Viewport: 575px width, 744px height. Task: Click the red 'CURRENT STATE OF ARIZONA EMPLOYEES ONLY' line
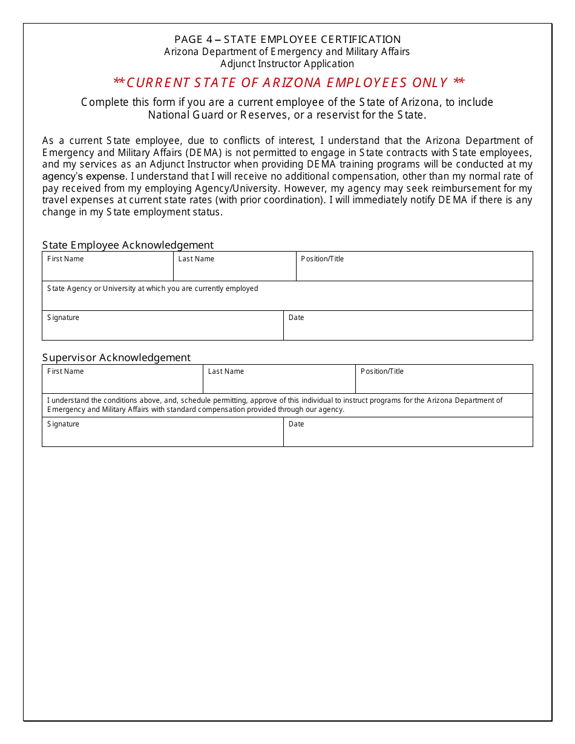click(289, 83)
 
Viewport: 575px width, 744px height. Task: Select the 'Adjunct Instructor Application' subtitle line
click(287, 64)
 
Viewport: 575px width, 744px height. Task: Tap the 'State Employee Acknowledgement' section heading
click(128, 245)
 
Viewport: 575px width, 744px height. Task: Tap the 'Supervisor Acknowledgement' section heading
click(116, 357)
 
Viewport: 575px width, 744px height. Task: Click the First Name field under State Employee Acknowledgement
click(108, 270)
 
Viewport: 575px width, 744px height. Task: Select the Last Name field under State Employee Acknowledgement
click(234, 270)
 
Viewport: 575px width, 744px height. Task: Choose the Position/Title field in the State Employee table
click(414, 270)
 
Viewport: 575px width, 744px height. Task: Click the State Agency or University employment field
click(287, 299)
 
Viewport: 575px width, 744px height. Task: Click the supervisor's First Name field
click(122, 382)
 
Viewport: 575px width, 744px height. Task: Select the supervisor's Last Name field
click(279, 382)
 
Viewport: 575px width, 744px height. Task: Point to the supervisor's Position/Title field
click(444, 382)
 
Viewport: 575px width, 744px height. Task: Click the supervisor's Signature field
click(162, 436)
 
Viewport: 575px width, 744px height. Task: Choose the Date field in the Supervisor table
click(408, 436)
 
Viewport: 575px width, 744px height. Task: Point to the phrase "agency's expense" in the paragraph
click(84, 177)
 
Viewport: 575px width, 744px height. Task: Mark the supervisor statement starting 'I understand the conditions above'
click(275, 405)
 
